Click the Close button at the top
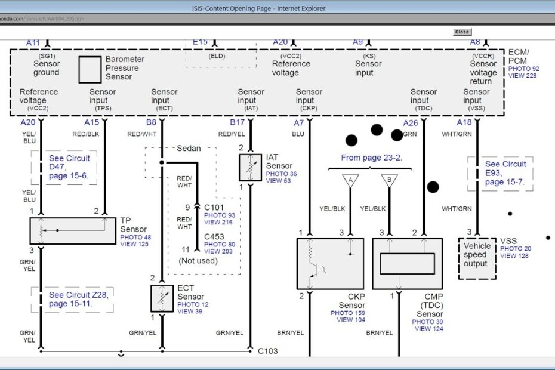pyautogui.click(x=462, y=32)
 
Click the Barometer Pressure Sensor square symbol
pyautogui.click(x=90, y=69)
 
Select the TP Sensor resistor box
pyautogui.click(x=73, y=230)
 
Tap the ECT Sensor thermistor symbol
pyautogui.click(x=162, y=298)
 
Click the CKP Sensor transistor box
pyautogui.click(x=330, y=264)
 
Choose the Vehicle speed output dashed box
pyautogui.click(x=477, y=258)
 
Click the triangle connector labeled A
pyautogui.click(x=350, y=180)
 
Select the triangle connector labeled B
pyautogui.click(x=390, y=180)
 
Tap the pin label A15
pyautogui.click(x=91, y=122)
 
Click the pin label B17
pyautogui.click(x=238, y=122)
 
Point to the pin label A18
pyautogui.click(x=464, y=122)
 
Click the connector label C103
pyautogui.click(x=267, y=351)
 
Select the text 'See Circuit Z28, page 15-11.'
pyautogui.click(x=73, y=299)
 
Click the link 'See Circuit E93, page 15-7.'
pyautogui.click(x=505, y=173)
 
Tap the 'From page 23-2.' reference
pyautogui.click(x=371, y=158)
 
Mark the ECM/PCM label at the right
pyautogui.click(x=519, y=57)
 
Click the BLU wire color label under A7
pyautogui.click(x=298, y=134)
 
